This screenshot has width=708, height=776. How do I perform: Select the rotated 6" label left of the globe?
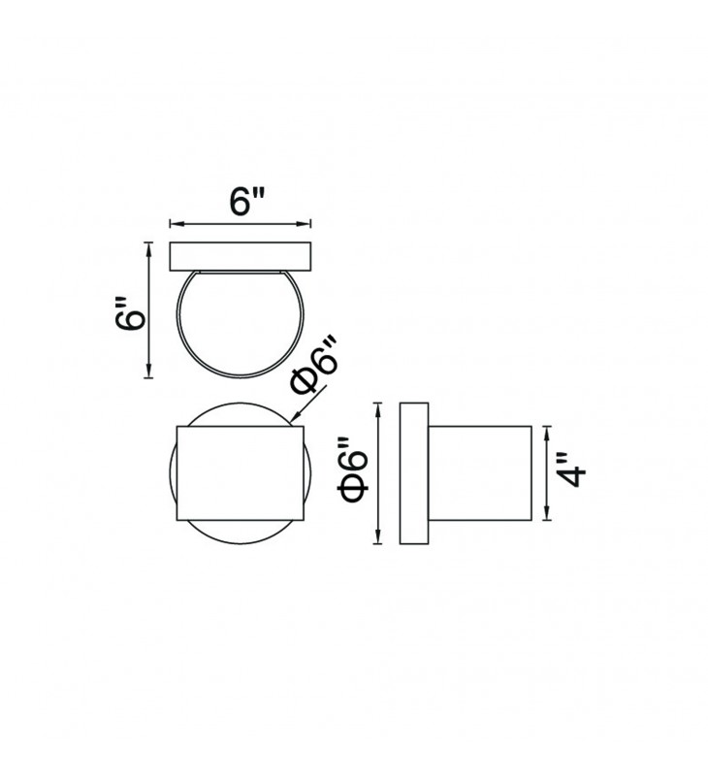tap(130, 313)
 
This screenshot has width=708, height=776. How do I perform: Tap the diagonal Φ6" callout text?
tap(314, 366)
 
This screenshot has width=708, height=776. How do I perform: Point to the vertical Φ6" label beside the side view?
tap(353, 470)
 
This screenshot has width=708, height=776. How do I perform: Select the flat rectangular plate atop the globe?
tap(241, 256)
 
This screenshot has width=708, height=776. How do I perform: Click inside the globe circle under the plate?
tap(241, 322)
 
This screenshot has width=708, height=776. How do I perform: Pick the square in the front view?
tap(240, 473)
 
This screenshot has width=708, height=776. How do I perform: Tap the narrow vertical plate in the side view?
tap(414, 473)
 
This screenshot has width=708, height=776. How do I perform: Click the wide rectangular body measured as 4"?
tap(480, 473)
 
